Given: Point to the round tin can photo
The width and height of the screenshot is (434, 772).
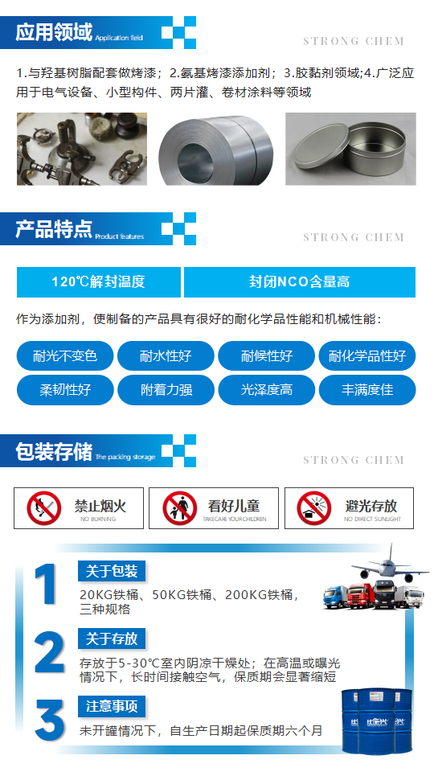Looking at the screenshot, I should pyautogui.click(x=350, y=149).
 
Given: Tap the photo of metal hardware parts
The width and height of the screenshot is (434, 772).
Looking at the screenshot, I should pyautogui.click(x=81, y=149).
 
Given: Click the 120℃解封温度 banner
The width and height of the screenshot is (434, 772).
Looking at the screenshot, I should pyautogui.click(x=99, y=282).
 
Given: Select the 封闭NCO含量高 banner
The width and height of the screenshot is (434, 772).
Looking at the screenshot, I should pyautogui.click(x=299, y=282).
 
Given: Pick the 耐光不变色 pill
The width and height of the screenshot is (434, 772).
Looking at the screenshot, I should pyautogui.click(x=65, y=356).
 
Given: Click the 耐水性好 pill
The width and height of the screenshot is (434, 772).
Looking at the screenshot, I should pyautogui.click(x=166, y=356).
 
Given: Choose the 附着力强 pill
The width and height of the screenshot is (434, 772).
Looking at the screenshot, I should pyautogui.click(x=166, y=391).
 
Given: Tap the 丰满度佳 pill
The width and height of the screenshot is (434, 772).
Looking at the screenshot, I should pyautogui.click(x=367, y=391).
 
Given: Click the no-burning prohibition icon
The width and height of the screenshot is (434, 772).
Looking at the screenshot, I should pyautogui.click(x=43, y=508).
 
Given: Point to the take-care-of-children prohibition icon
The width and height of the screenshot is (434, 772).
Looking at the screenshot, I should pyautogui.click(x=180, y=508).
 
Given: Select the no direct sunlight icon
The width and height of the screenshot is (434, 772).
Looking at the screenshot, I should pyautogui.click(x=314, y=508).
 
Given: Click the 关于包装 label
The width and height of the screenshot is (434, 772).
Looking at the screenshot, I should pyautogui.click(x=112, y=572).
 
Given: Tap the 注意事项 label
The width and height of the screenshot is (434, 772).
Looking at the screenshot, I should pyautogui.click(x=112, y=707).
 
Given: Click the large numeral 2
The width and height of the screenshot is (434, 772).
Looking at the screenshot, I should pyautogui.click(x=49, y=652).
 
